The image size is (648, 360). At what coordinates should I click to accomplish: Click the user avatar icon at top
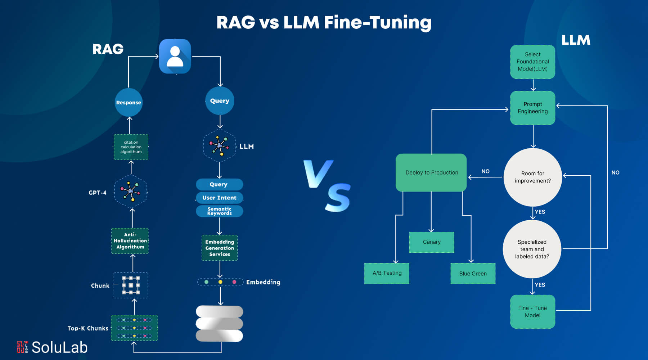pyautogui.click(x=175, y=57)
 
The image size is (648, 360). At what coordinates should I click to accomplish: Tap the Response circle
pyautogui.click(x=129, y=103)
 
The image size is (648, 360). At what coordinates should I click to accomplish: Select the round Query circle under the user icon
pyautogui.click(x=220, y=101)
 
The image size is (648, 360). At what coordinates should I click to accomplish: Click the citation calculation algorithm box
pyautogui.click(x=131, y=147)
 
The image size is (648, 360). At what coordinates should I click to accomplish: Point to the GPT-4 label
pyautogui.click(x=98, y=193)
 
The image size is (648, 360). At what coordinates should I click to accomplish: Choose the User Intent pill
pyautogui.click(x=219, y=198)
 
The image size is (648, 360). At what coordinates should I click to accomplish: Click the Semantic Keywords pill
pyautogui.click(x=219, y=211)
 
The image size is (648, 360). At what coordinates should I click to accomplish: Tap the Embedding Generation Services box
pyautogui.click(x=220, y=248)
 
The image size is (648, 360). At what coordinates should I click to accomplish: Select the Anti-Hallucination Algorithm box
pyautogui.click(x=130, y=241)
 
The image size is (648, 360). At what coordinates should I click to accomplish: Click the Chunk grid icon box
pyautogui.click(x=131, y=285)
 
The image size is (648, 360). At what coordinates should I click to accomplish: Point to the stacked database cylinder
pyautogui.click(x=219, y=323)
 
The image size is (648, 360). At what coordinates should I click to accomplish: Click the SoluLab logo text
pyautogui.click(x=59, y=347)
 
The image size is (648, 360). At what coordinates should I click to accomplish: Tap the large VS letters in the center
pyautogui.click(x=327, y=185)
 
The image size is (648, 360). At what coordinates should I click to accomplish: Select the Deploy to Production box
pyautogui.click(x=431, y=172)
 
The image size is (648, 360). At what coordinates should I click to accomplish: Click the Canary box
pyautogui.click(x=432, y=242)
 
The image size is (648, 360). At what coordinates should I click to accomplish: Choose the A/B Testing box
pyautogui.click(x=387, y=273)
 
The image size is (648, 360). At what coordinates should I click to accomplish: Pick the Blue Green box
pyautogui.click(x=473, y=274)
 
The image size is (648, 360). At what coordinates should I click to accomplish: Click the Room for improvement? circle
pyautogui.click(x=533, y=177)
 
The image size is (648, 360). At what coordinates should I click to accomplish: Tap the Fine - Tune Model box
pyautogui.click(x=532, y=311)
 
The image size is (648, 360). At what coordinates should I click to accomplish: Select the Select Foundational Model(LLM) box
pyautogui.click(x=532, y=62)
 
